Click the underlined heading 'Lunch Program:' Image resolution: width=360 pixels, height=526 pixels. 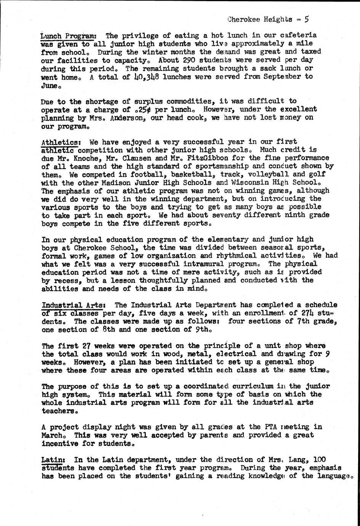pyautogui.click(x=71, y=36)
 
